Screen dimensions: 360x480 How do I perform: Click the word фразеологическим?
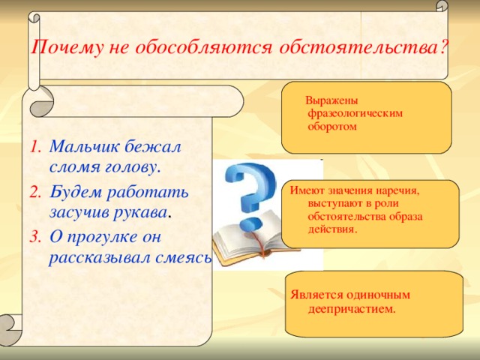[x=355, y=113]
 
